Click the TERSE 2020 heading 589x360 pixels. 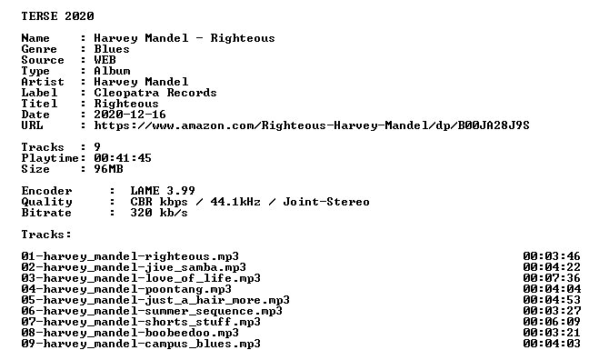click(57, 16)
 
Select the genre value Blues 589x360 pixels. click(112, 49)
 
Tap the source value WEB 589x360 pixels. click(105, 60)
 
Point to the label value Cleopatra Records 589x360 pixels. click(155, 93)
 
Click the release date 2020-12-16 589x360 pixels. click(130, 115)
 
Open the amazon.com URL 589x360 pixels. click(312, 125)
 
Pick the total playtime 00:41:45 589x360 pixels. click(123, 158)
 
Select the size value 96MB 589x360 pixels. click(108, 169)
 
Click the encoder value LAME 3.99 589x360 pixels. click(163, 191)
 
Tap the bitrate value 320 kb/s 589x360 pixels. click(159, 213)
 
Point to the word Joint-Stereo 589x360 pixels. click(326, 202)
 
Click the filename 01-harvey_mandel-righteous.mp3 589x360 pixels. click(130, 256)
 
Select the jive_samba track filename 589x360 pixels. click(134, 267)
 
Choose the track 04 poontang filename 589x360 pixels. click(126, 289)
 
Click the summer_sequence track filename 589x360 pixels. click(152, 311)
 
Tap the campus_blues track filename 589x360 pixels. click(141, 344)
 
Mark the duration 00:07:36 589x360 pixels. click(552, 278)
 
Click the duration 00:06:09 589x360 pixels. click(552, 322)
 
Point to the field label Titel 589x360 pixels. click(39, 104)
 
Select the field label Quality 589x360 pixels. click(46, 202)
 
